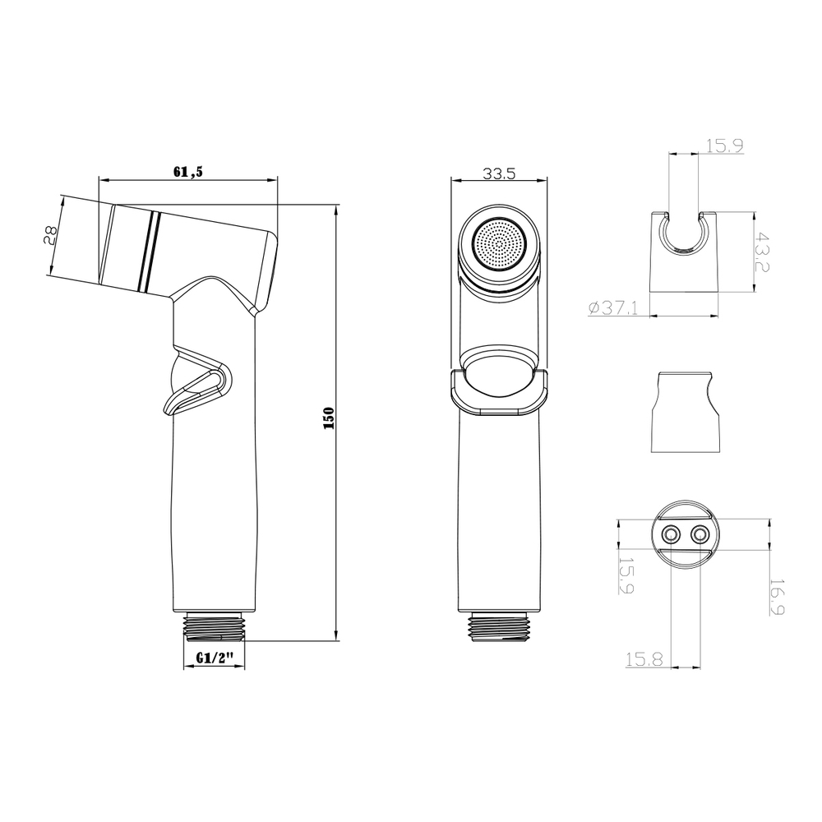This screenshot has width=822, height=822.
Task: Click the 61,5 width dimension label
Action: point(188,171)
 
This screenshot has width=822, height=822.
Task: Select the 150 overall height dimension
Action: point(328,420)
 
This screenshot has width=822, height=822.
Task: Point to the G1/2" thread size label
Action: point(216,658)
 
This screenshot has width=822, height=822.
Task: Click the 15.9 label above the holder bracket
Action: point(724,147)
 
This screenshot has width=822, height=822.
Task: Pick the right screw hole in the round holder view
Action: point(701,534)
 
